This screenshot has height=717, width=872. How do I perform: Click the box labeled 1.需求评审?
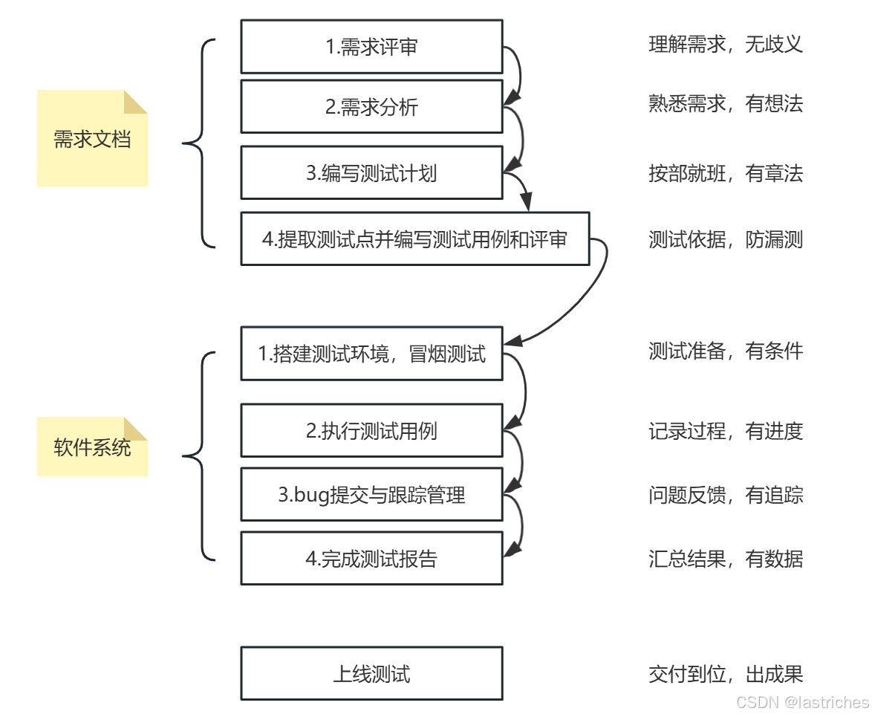click(371, 47)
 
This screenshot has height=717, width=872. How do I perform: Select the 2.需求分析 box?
click(371, 106)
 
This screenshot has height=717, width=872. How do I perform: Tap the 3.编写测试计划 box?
click(371, 172)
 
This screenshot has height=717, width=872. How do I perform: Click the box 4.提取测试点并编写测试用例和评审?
click(415, 239)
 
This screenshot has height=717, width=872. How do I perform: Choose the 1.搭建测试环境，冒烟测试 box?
click(371, 353)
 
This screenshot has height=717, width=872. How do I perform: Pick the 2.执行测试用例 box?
click(371, 430)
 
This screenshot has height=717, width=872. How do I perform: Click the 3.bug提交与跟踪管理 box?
click(371, 494)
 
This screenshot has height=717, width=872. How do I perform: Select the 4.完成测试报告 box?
click(371, 558)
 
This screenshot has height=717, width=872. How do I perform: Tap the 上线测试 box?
click(371, 673)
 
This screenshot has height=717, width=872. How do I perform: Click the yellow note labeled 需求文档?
click(92, 138)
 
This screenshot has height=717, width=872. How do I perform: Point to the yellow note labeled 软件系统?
click(92, 447)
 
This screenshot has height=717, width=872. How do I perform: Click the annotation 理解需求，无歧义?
click(726, 44)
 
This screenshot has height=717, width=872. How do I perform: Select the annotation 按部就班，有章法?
click(726, 173)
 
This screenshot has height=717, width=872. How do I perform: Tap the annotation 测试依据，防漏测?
click(726, 239)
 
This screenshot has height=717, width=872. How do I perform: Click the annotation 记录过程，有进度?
click(726, 430)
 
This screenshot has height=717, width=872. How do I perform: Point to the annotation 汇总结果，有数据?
click(726, 559)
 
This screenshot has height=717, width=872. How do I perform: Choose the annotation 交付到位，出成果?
click(726, 674)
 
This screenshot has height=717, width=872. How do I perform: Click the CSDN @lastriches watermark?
click(802, 702)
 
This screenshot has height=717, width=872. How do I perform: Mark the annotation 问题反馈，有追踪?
click(726, 495)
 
